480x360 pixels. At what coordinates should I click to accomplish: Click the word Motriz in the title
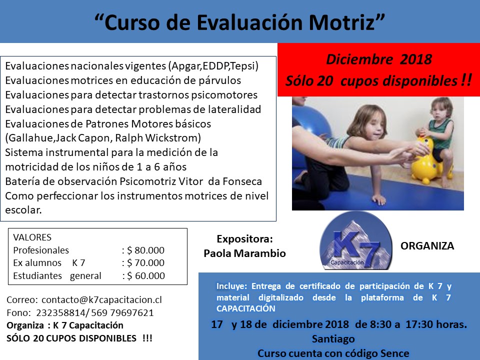(x=341, y=22)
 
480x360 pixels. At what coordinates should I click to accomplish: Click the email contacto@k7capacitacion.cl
(x=101, y=299)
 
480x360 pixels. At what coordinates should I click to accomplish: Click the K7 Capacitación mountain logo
(x=355, y=240)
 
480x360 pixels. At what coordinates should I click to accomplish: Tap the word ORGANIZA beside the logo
(x=427, y=246)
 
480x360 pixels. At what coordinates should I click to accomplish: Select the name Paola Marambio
(x=244, y=253)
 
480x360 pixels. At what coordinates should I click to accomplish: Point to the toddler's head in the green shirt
(x=441, y=109)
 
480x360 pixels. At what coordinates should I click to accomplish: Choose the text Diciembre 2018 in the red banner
(x=379, y=59)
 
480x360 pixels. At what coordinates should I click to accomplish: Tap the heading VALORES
(x=32, y=237)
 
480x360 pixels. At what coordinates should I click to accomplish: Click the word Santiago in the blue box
(x=333, y=338)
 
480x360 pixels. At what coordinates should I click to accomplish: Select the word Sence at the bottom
(x=394, y=353)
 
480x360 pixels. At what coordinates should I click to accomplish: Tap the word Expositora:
(x=244, y=239)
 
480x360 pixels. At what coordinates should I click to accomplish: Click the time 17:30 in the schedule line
(x=419, y=324)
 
